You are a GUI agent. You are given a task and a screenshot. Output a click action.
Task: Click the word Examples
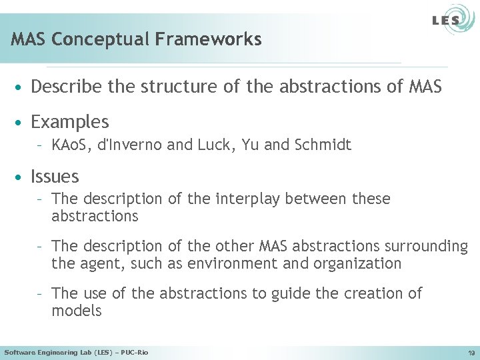tap(69, 122)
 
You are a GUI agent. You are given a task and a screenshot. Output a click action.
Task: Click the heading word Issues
tap(55, 177)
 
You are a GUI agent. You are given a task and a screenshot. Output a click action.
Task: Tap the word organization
tap(359, 263)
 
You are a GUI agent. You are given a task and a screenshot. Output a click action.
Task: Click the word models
tap(76, 311)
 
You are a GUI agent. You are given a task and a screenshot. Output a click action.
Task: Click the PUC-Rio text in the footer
tap(133, 352)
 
